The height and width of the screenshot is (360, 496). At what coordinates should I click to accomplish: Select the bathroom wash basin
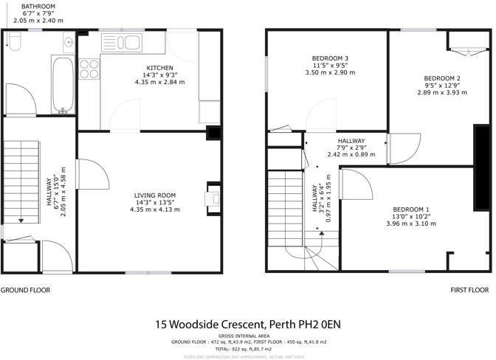[x=68, y=41]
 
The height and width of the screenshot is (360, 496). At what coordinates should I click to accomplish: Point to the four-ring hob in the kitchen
[x=89, y=69]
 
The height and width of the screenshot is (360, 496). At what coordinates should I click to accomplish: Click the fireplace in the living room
[x=213, y=198]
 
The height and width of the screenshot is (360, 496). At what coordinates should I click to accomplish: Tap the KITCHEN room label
[x=159, y=67]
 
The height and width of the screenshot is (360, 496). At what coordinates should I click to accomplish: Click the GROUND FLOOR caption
[x=25, y=290]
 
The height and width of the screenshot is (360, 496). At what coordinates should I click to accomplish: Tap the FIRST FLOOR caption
[x=469, y=290]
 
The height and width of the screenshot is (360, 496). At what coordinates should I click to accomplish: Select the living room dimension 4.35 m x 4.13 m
[x=156, y=209]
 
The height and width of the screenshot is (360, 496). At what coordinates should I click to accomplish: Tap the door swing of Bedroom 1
[x=351, y=181]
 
